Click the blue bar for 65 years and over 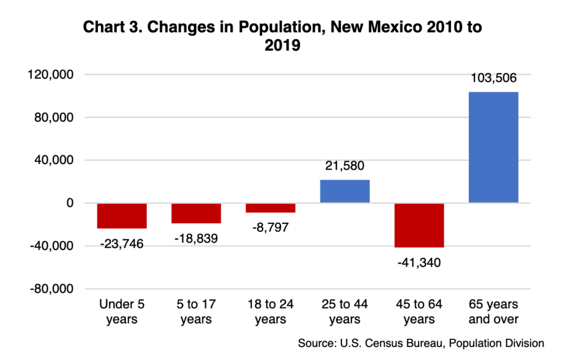(x=493, y=147)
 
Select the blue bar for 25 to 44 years (x=345, y=191)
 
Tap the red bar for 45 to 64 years (x=419, y=225)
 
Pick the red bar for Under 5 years (x=122, y=216)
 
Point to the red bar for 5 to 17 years (x=196, y=213)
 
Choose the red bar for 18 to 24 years (x=270, y=208)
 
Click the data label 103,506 (x=493, y=78)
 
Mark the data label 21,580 (x=345, y=167)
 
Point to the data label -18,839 (x=196, y=238)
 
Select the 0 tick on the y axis (x=69, y=203)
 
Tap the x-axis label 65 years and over (x=493, y=312)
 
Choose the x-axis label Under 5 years (x=122, y=312)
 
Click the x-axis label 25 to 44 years (x=345, y=312)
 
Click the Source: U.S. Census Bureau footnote (x=421, y=343)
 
